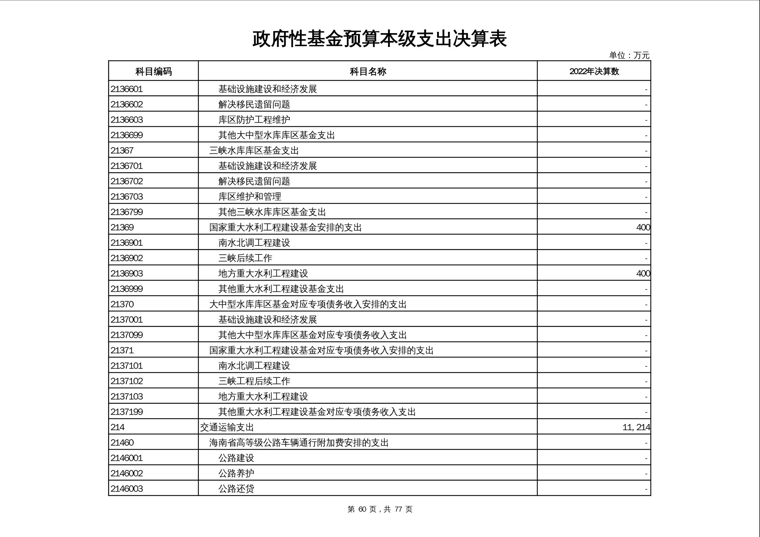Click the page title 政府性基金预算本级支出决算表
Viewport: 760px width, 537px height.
[379, 39]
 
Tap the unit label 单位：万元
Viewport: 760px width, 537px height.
[629, 55]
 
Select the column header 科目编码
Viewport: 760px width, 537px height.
[154, 71]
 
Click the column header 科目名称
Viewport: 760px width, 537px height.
[368, 71]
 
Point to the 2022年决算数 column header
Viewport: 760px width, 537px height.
[594, 71]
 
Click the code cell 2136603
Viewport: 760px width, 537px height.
[127, 120]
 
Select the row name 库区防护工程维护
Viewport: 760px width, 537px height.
[254, 120]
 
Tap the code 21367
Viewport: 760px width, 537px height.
[122, 150]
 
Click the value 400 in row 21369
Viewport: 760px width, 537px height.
[643, 227]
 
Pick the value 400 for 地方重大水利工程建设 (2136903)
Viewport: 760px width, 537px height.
[643, 274]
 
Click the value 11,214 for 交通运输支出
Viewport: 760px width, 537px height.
[636, 427]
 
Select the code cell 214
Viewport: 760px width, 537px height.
[117, 427]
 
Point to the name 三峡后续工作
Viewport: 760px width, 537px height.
[245, 258]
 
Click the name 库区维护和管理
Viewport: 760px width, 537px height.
[250, 197]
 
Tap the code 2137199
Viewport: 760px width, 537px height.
[127, 412]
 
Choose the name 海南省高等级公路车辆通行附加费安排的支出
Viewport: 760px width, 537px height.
[299, 443]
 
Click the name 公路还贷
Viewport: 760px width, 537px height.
[236, 489]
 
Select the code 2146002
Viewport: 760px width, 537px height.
[127, 473]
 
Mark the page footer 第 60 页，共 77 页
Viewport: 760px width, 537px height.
[380, 509]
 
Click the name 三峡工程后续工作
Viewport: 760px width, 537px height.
[254, 381]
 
